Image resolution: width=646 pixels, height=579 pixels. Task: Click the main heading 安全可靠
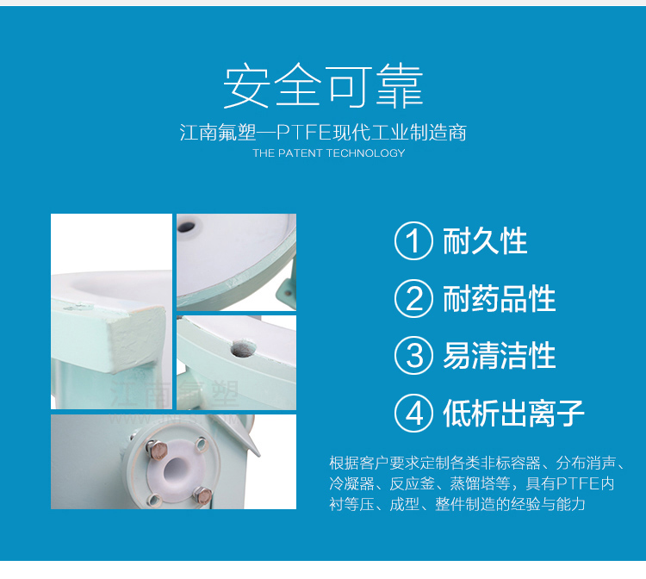click(x=323, y=85)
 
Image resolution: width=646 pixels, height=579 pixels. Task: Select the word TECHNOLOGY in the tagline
click(x=366, y=153)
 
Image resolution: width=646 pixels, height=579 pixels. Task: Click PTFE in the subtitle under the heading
click(x=304, y=133)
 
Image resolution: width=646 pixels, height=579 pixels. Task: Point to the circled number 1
click(x=413, y=240)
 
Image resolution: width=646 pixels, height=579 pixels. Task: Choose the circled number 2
click(x=413, y=298)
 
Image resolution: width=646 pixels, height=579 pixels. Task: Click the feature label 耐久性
click(x=485, y=240)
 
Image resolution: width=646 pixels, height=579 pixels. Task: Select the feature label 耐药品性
click(x=500, y=298)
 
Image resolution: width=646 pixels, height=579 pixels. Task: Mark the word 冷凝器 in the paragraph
click(x=351, y=483)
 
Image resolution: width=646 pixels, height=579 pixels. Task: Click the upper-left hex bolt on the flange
click(x=157, y=449)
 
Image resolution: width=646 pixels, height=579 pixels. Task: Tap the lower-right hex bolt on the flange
click(x=202, y=494)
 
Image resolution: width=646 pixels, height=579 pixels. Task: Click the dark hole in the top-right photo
click(x=186, y=227)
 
